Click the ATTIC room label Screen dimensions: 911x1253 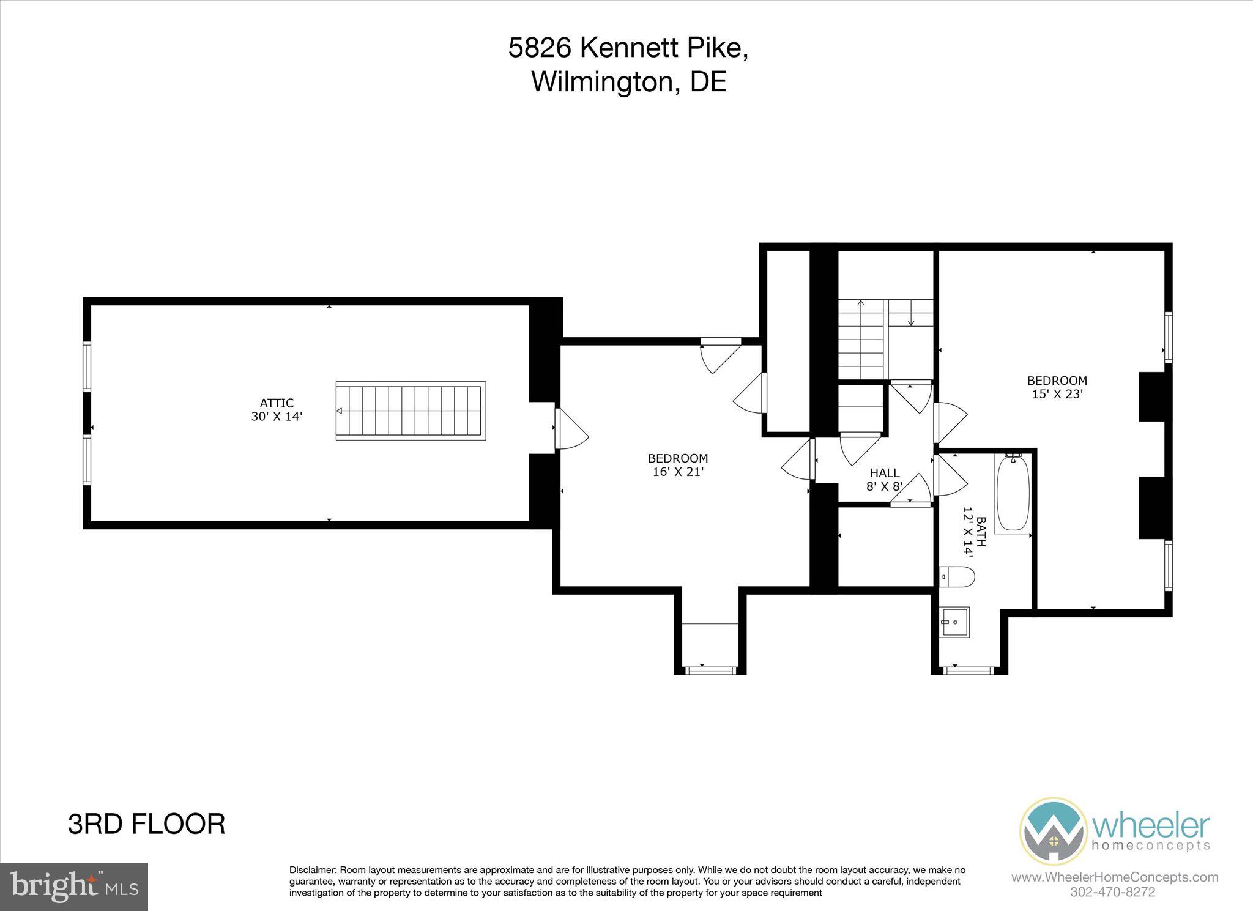pyautogui.click(x=277, y=403)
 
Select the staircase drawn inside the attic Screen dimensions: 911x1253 pyautogui.click(x=411, y=411)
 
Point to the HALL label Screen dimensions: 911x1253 pyautogui.click(x=885, y=473)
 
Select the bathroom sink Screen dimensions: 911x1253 pyautogui.click(x=954, y=622)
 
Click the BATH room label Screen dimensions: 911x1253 pyautogui.click(x=981, y=532)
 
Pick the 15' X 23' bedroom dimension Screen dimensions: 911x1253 pyautogui.click(x=1057, y=395)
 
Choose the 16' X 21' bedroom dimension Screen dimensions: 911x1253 pyautogui.click(x=678, y=472)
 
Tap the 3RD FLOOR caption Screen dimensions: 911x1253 pyautogui.click(x=146, y=824)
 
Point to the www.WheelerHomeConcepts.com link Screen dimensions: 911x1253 pyautogui.click(x=1114, y=877)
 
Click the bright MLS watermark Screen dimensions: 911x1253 pyautogui.click(x=74, y=886)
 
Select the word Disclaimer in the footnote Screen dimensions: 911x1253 pyautogui.click(x=313, y=870)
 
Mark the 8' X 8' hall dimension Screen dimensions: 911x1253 pyautogui.click(x=885, y=487)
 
